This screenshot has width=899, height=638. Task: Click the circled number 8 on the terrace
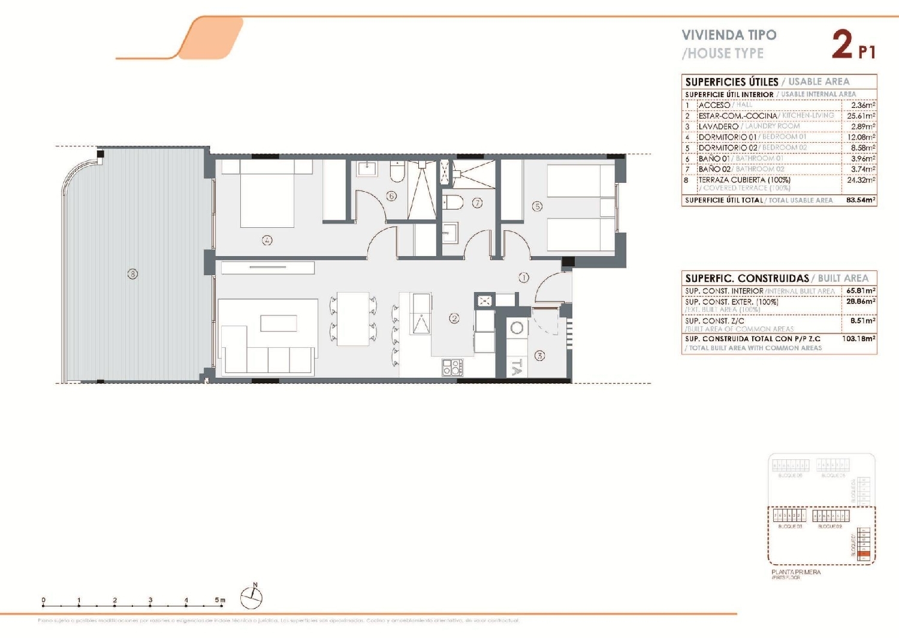132,274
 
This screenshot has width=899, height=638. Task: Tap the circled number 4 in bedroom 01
267,240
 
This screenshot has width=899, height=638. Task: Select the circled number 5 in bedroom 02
537,206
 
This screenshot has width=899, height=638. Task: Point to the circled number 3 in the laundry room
539,356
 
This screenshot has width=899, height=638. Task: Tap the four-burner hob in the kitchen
452,367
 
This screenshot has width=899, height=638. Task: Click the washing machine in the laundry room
517,328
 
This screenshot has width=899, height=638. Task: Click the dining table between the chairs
353,319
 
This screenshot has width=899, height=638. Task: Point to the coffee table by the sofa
279,323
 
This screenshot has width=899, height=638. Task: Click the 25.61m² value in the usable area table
861,116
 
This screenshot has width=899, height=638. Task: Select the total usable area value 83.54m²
861,200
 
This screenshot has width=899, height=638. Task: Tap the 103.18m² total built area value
859,339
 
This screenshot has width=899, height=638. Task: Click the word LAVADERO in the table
718,127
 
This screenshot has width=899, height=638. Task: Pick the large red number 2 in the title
842,45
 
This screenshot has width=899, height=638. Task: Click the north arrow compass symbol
252,597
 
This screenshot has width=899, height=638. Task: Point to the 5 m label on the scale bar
221,600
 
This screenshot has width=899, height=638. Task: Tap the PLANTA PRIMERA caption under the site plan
796,572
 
